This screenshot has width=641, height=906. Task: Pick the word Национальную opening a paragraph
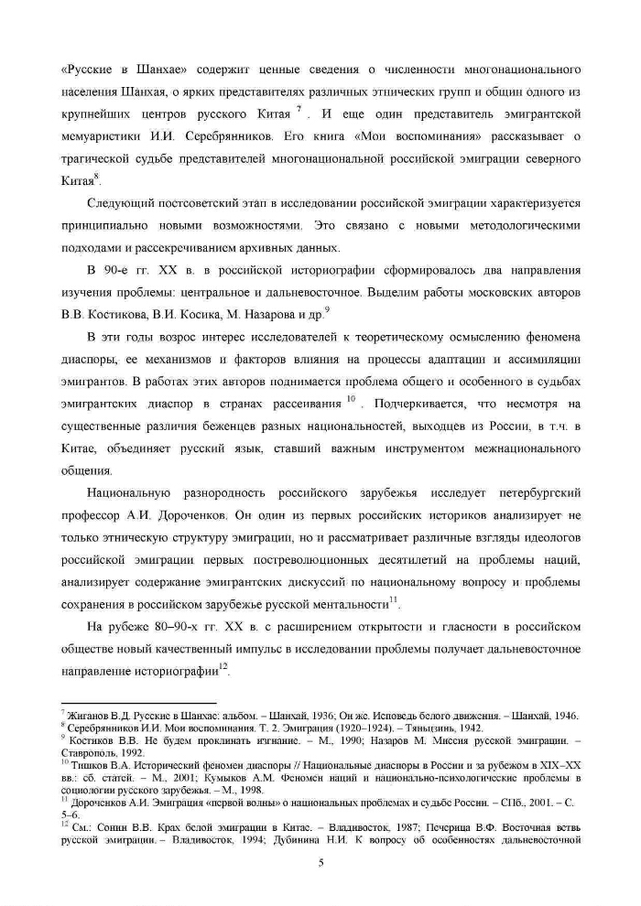128,494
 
